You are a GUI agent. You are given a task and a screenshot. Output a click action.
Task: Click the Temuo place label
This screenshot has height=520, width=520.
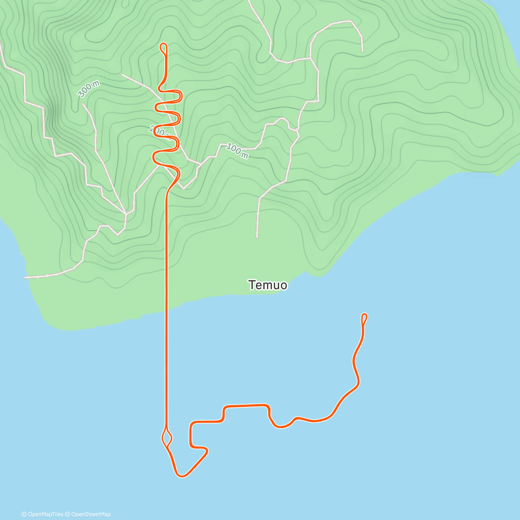267,285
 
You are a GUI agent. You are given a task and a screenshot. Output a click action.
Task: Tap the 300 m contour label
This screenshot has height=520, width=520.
88,89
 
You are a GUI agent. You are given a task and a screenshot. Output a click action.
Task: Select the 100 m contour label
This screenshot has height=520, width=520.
237,151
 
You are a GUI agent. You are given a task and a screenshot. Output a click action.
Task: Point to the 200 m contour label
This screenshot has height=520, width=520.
159,130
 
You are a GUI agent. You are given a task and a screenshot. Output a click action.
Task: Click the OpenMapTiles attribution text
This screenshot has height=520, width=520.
42,514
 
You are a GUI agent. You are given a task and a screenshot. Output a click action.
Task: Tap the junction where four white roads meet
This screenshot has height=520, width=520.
126,214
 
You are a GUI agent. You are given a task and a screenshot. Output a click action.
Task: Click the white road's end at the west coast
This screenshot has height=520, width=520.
25,277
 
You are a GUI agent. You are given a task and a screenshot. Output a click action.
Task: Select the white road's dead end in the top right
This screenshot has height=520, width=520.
362,51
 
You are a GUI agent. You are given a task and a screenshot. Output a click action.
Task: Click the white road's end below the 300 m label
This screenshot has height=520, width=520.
82,104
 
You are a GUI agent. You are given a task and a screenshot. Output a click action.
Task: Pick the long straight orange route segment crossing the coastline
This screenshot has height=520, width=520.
166,303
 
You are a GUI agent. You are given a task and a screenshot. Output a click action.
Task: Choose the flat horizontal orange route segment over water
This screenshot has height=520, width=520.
245,406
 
